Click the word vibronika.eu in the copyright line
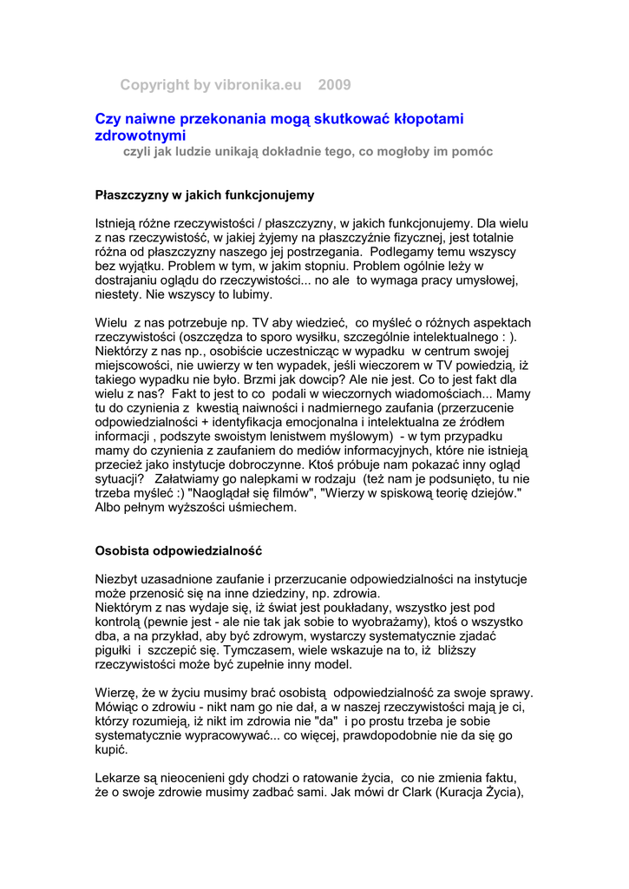258,84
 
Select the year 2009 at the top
335,84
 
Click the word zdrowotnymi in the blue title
140,135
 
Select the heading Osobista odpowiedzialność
179,550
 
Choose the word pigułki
114,649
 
